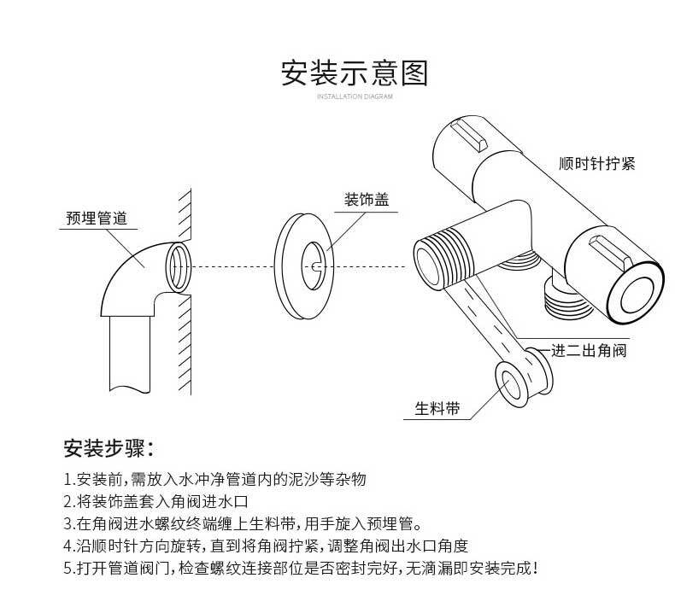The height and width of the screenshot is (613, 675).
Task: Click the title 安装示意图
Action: point(354,73)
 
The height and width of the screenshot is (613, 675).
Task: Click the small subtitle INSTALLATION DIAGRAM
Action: point(354,97)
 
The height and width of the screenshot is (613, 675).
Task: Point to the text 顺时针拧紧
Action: point(596,163)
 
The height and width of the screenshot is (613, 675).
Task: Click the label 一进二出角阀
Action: point(589,350)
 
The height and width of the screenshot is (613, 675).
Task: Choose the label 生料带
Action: point(437,409)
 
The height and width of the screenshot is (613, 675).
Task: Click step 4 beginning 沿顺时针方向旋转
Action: point(266,546)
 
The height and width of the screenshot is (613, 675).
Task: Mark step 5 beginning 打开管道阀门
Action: point(301,568)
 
